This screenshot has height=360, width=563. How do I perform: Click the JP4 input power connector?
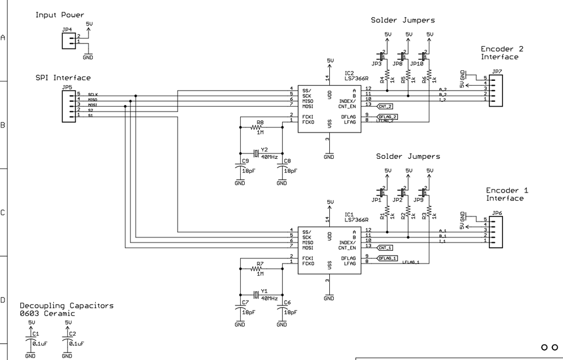click(x=69, y=40)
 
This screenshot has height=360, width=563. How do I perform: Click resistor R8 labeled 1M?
click(x=258, y=127)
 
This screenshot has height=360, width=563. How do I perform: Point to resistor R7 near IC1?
click(x=258, y=269)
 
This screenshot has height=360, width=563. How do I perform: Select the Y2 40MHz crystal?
click(x=256, y=152)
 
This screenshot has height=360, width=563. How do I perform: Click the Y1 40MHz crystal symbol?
click(x=256, y=293)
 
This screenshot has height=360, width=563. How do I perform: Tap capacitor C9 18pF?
click(x=240, y=169)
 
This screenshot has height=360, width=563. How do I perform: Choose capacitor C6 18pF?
click(x=282, y=311)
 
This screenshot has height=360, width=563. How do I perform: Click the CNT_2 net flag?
click(x=385, y=106)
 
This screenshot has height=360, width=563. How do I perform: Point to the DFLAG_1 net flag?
click(x=387, y=258)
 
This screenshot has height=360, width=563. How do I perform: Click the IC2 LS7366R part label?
click(x=356, y=76)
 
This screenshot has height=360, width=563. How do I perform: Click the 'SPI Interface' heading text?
click(x=63, y=77)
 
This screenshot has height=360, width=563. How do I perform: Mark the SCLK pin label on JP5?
click(x=92, y=95)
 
